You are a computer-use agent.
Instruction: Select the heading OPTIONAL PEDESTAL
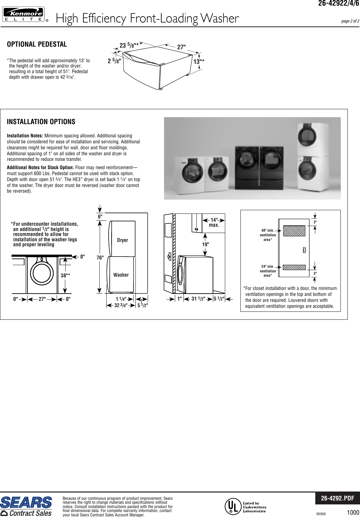coord(37,44)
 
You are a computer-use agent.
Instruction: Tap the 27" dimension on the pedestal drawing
coord(181,47)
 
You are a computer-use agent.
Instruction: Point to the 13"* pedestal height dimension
coord(199,62)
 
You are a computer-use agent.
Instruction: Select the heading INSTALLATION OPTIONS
coord(41,122)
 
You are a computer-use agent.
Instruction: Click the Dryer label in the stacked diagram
coord(123,240)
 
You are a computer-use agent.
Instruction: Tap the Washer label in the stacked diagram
coord(121,275)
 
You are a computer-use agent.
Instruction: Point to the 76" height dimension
coord(100,258)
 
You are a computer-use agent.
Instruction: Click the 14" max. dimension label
coord(215,222)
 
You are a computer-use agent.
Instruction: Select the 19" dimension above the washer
coord(206,244)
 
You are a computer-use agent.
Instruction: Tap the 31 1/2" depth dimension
coord(198,299)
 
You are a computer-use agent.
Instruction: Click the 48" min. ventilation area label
coord(268,235)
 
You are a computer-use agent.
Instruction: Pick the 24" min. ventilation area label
coord(268,271)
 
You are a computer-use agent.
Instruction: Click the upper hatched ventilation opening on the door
coord(294,231)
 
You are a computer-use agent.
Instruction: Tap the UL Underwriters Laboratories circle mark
coord(232,506)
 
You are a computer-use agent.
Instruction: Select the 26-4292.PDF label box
coord(337,498)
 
